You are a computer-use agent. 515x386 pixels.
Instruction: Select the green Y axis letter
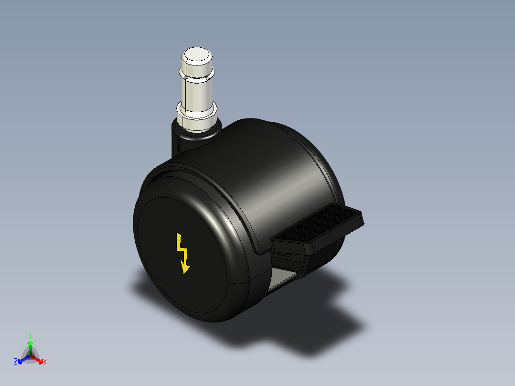tap(30, 335)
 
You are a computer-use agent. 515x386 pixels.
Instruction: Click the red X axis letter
tap(45, 362)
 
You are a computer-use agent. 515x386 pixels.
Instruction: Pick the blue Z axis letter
tap(16, 362)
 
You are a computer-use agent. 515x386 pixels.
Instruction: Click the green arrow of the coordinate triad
tap(30, 346)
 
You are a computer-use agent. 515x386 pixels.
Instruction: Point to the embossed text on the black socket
tap(178, 143)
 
